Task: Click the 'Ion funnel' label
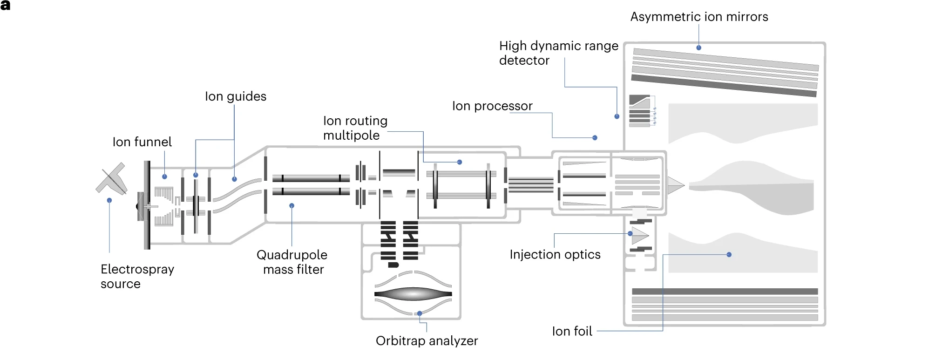click(142, 142)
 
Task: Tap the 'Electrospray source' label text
click(137, 276)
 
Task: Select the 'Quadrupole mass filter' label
click(292, 262)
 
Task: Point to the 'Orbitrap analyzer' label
click(427, 341)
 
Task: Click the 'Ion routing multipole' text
click(355, 128)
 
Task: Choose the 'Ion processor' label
click(492, 106)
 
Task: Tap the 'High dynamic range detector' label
click(558, 53)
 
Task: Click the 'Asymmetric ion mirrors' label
click(698, 17)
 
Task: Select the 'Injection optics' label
click(555, 255)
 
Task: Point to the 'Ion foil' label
click(572, 331)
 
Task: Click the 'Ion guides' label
click(236, 96)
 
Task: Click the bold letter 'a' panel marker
click(6, 6)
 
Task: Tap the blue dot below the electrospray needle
click(109, 200)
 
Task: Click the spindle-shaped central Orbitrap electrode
click(413, 294)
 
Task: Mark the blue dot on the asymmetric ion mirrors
click(698, 48)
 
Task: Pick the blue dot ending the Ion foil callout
click(729, 255)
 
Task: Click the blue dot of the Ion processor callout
click(595, 138)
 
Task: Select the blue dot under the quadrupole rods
click(292, 205)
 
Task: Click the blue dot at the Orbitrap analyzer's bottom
click(420, 313)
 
